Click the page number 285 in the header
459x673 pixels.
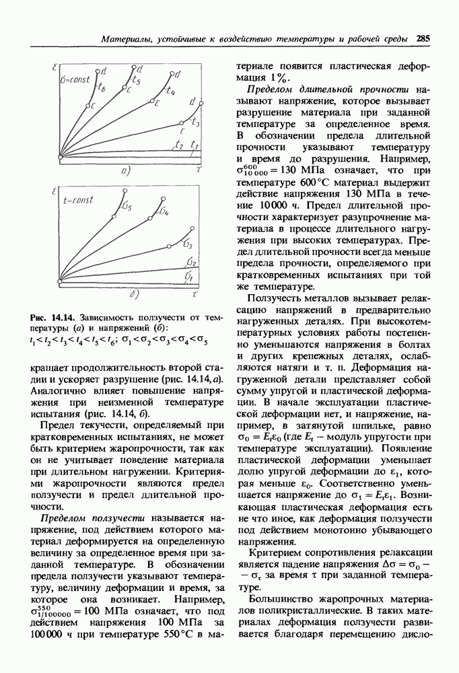423,39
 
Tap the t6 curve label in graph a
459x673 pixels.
102,87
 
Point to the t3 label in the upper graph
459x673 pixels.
195,122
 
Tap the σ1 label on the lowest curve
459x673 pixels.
190,277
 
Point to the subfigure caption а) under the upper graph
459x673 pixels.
125,172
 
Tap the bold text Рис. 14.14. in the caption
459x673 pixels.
53,316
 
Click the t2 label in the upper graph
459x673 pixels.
178,145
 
